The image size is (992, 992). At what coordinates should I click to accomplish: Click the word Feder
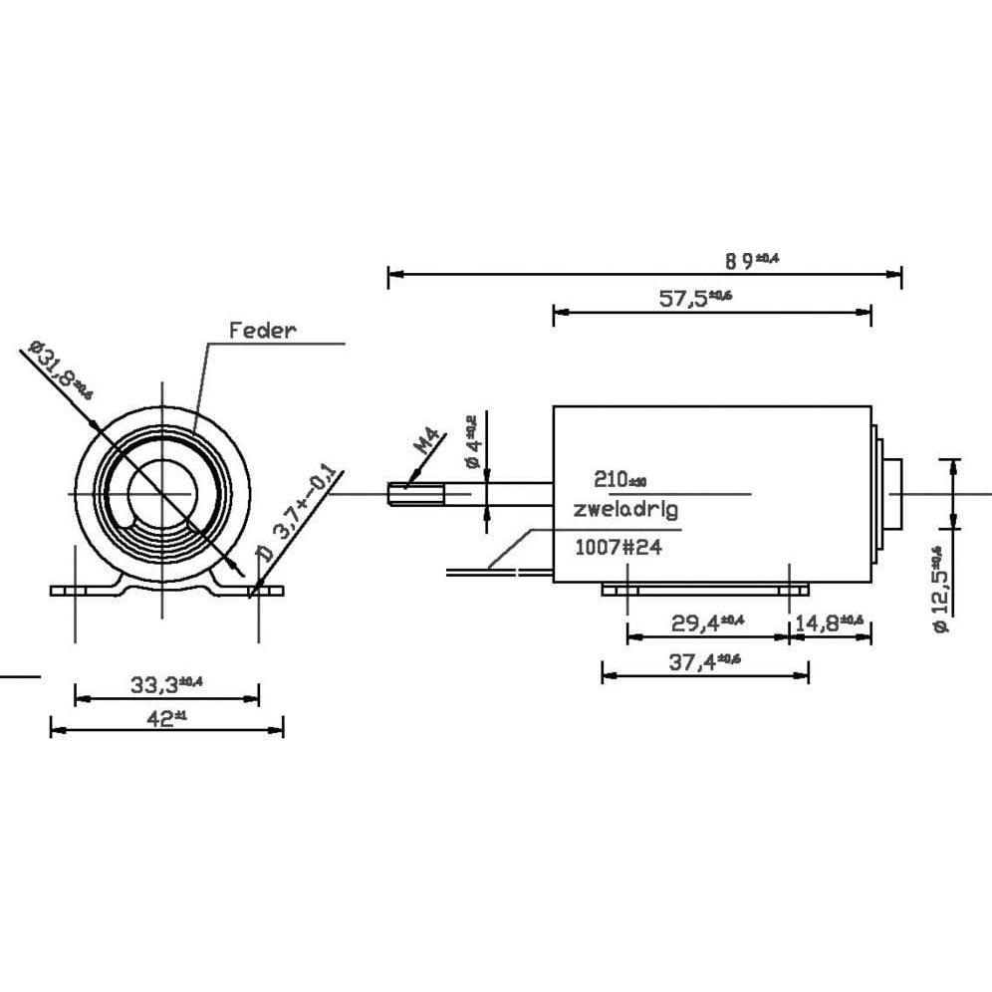coord(263,331)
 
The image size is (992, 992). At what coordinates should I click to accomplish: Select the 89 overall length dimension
coord(752,261)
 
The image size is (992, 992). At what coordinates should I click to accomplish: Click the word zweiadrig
coord(625,509)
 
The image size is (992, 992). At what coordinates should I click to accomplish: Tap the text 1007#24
coord(619,547)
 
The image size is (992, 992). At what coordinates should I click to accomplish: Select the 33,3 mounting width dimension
coord(166,684)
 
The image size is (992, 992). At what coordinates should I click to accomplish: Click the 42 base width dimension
coord(165,717)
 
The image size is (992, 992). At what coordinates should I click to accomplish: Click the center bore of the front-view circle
coord(160,492)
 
